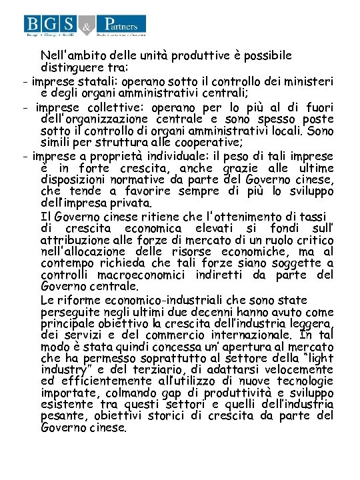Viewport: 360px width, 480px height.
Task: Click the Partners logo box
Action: (121, 25)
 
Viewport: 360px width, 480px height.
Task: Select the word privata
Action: (129, 203)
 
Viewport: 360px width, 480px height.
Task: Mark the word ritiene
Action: (157, 216)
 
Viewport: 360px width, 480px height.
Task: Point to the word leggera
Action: (309, 325)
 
